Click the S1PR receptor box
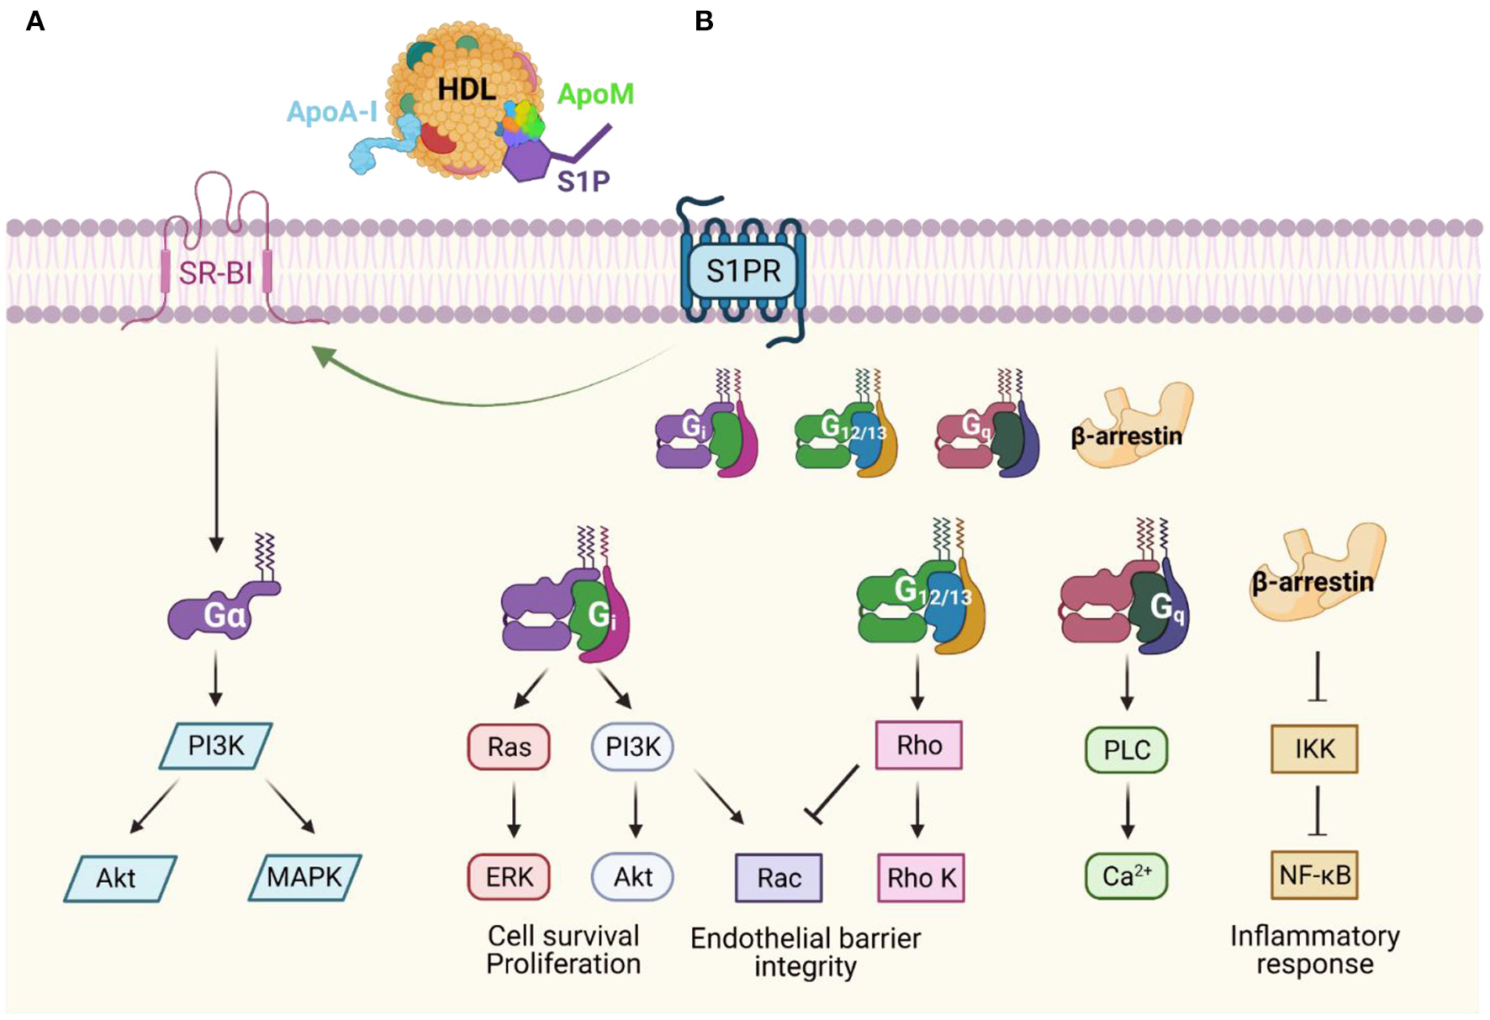(743, 271)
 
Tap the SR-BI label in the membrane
(215, 273)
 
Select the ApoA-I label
(331, 111)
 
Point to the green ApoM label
(595, 94)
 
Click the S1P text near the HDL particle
(583, 181)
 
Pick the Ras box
(509, 747)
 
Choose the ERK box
(509, 877)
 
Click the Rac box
(779, 878)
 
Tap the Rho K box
(921, 878)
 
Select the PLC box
(1127, 749)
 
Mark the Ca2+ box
(1127, 876)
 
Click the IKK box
(1314, 748)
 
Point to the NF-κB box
(1314, 875)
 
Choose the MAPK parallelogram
(304, 877)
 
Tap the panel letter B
(704, 21)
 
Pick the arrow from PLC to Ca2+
(1128, 810)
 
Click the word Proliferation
(563, 964)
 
